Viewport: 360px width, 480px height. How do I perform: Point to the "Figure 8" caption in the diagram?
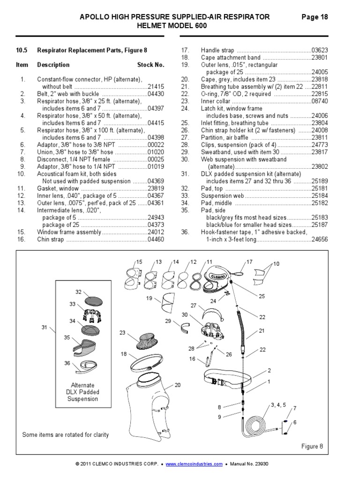[x=312, y=446]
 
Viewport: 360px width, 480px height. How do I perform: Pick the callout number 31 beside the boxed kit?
[x=44, y=327]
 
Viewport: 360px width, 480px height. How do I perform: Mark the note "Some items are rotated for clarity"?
[x=66, y=435]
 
